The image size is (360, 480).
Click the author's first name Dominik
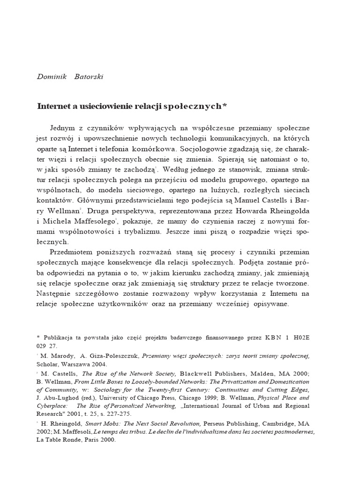(x=52, y=77)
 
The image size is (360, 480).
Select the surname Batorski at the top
(x=89, y=77)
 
